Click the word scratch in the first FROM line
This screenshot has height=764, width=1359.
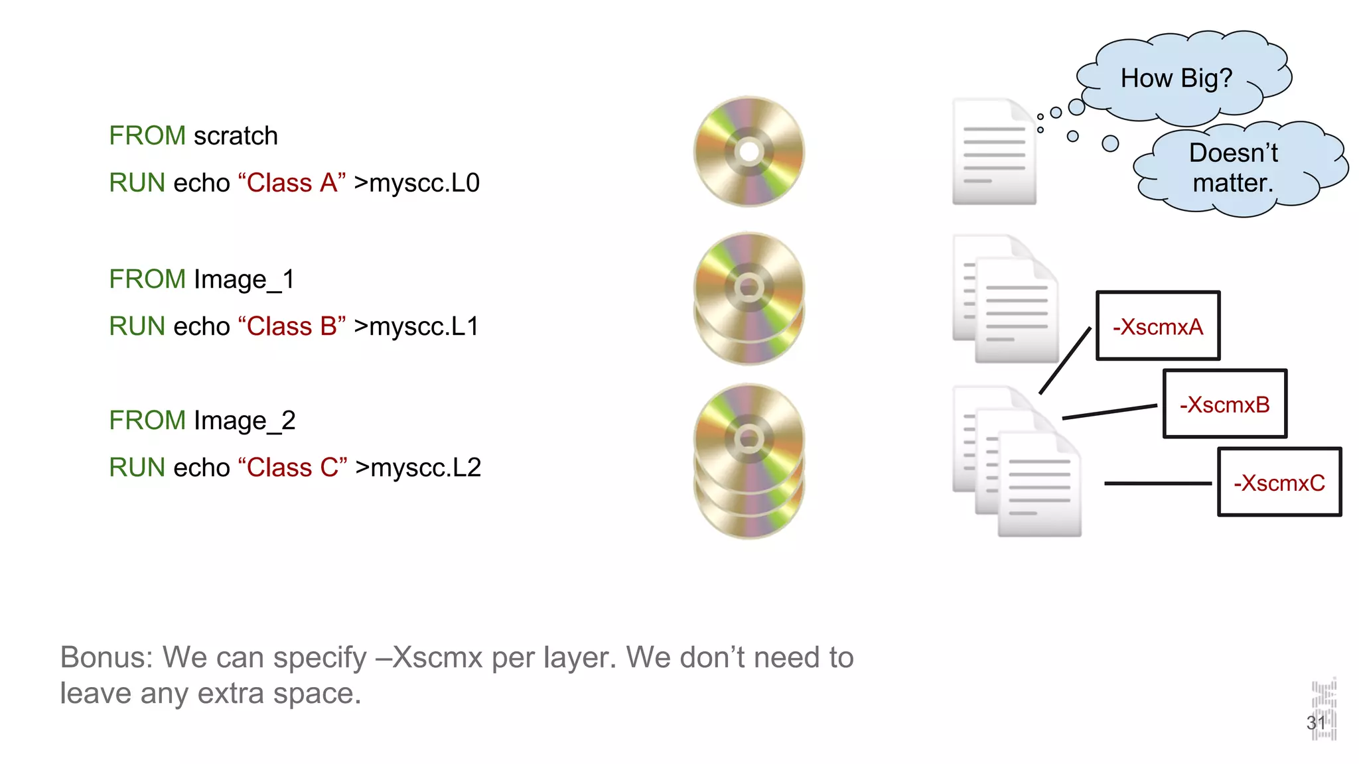tap(236, 136)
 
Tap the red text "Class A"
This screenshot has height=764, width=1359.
tap(292, 183)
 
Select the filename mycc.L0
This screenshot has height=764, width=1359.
tap(424, 183)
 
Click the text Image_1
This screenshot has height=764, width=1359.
tap(244, 280)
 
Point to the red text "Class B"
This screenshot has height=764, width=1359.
tap(292, 326)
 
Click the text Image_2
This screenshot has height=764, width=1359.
tap(244, 421)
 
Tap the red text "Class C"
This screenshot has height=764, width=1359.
tap(293, 468)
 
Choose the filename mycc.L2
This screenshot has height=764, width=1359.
tap(425, 468)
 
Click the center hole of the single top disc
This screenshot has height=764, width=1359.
tap(749, 152)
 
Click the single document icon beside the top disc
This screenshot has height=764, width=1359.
tap(993, 152)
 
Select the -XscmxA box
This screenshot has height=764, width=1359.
tap(1158, 326)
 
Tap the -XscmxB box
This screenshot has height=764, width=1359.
tap(1225, 405)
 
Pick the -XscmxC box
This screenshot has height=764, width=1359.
tap(1279, 483)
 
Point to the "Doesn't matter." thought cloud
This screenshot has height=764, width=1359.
tap(1234, 168)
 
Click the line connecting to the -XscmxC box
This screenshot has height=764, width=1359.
tap(1158, 483)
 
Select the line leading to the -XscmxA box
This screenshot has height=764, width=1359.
tap(1065, 361)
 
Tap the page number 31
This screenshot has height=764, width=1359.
tap(1316, 723)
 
